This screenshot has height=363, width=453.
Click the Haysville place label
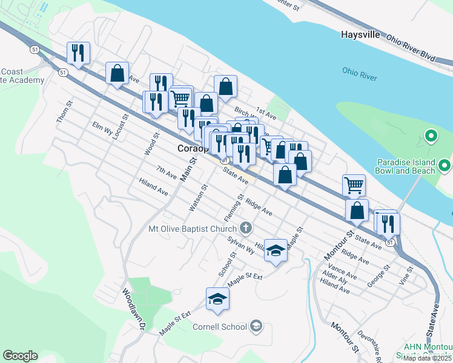[x=360, y=34]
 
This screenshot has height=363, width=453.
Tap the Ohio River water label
[x=359, y=74]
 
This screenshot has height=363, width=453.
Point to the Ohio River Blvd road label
[x=411, y=47]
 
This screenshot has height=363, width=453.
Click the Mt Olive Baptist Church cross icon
[x=245, y=229]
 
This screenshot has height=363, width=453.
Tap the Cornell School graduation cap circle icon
[x=256, y=327]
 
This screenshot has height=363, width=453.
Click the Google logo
[x=20, y=356]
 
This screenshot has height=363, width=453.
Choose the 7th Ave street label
[x=166, y=172]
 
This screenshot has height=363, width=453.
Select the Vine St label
[x=405, y=275]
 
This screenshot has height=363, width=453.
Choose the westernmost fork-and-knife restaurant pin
[x=78, y=53]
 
